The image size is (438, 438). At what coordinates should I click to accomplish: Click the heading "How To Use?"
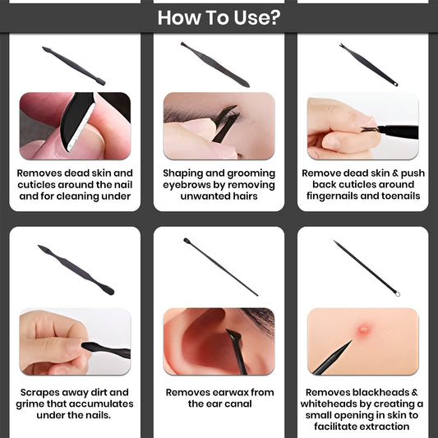(219, 17)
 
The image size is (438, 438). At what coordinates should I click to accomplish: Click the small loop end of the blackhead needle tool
(397, 293)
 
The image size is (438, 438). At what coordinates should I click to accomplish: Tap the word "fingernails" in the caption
(332, 196)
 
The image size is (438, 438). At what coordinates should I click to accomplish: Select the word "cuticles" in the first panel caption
(35, 185)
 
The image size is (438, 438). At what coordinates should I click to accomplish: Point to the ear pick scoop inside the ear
(234, 334)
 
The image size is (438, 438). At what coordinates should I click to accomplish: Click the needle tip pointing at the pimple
(351, 341)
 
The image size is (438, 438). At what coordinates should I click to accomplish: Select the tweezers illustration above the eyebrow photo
(214, 65)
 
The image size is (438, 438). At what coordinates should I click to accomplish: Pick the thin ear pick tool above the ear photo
(220, 266)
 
